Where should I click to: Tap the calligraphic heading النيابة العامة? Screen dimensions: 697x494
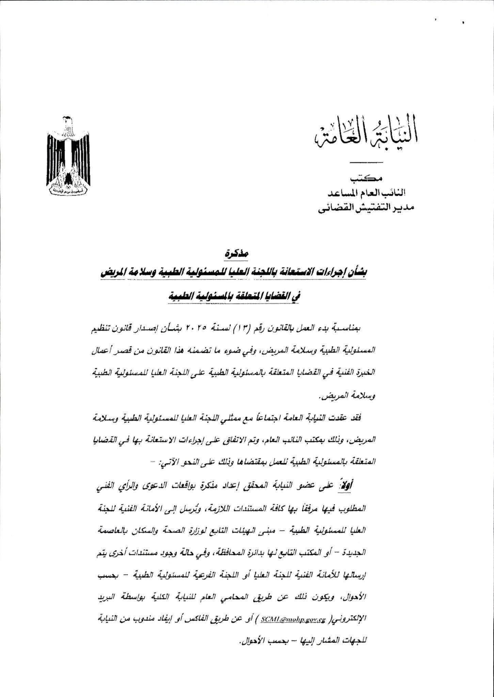(366, 135)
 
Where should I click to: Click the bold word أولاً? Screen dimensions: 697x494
(347, 485)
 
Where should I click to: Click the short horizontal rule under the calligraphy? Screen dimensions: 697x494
(366, 161)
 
